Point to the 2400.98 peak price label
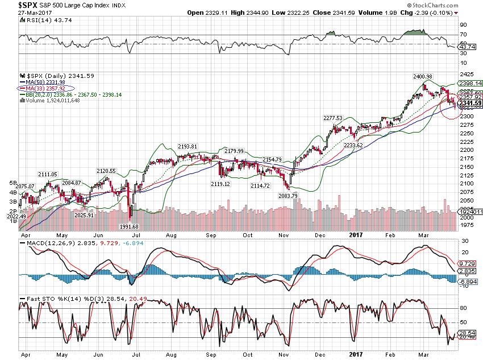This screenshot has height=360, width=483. click(423, 76)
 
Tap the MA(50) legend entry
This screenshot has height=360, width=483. click(45, 82)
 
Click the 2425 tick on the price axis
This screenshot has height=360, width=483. click(467, 74)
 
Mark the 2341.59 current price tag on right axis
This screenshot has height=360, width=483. click(470, 103)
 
